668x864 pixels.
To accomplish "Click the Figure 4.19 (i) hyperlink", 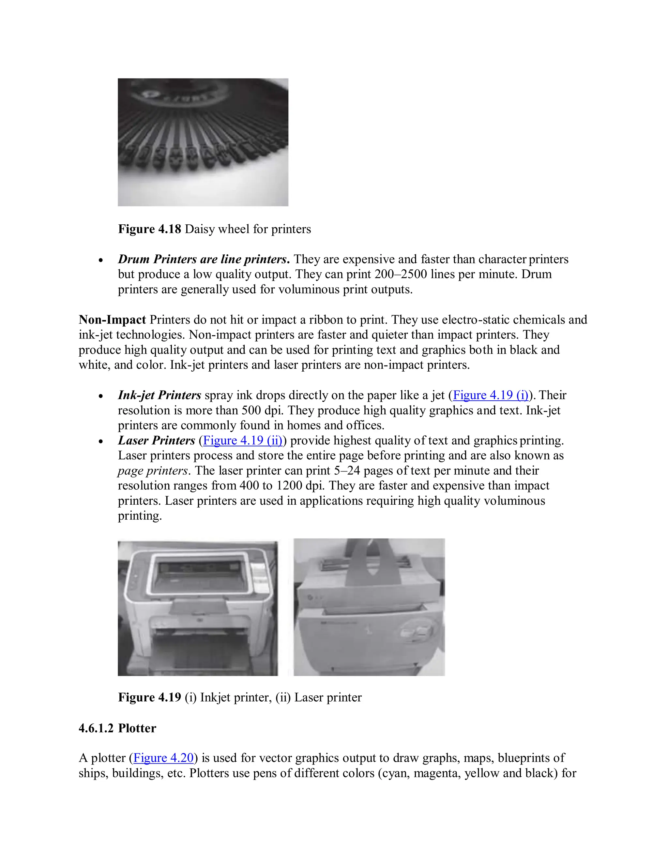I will [490, 395].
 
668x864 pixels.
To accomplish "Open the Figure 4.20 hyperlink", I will [163, 758].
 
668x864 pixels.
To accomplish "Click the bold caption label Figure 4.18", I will [150, 229].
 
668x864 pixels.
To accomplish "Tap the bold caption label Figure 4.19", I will [150, 697].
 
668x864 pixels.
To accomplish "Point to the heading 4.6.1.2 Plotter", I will [117, 728].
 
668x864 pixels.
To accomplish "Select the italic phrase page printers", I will [152, 471].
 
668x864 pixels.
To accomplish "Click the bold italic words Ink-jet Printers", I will [159, 395].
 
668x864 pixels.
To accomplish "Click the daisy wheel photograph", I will [203, 142].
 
